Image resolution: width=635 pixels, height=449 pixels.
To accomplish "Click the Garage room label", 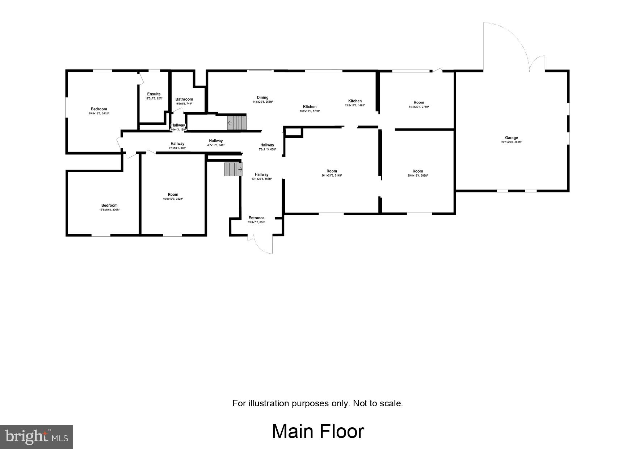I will point(511,138).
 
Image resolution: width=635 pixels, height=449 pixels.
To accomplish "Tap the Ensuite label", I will point(154,94).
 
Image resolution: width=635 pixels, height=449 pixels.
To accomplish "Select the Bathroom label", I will point(184,99).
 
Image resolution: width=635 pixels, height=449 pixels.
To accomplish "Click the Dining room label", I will point(262,98).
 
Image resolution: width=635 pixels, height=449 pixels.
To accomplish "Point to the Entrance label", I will point(256,218).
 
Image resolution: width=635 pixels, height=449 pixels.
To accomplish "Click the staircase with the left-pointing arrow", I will point(237,123).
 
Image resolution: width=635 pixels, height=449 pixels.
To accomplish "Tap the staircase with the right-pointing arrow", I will point(234,169).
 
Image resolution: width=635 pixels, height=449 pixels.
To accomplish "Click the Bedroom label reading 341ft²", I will point(99,109).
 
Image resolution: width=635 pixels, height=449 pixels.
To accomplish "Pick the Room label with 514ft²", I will point(332,171).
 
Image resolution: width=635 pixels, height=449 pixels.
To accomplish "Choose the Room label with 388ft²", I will point(417,171).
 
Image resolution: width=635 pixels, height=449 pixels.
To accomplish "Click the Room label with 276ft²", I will point(419,103).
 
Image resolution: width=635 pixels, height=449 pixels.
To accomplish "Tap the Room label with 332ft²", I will point(173,195).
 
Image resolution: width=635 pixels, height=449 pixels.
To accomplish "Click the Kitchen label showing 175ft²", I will point(310,107).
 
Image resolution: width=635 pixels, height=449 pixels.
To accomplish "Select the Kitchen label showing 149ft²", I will point(355,101).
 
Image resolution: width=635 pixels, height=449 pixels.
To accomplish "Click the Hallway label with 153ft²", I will point(261,175).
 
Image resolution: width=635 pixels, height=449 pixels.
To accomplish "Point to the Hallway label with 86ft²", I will point(177,144).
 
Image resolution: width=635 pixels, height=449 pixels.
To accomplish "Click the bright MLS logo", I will point(36,437).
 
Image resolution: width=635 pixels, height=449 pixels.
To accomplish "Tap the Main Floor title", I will point(318,431).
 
